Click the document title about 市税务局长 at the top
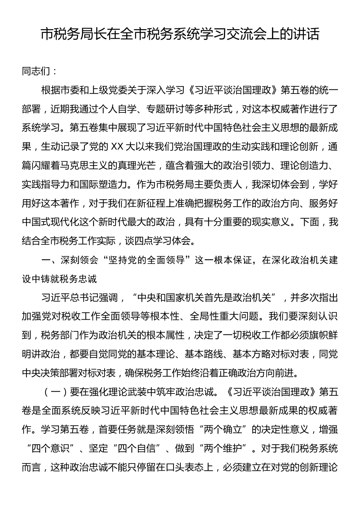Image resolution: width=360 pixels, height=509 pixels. [180, 35]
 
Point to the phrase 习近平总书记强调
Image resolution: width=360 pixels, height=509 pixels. [80, 298]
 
